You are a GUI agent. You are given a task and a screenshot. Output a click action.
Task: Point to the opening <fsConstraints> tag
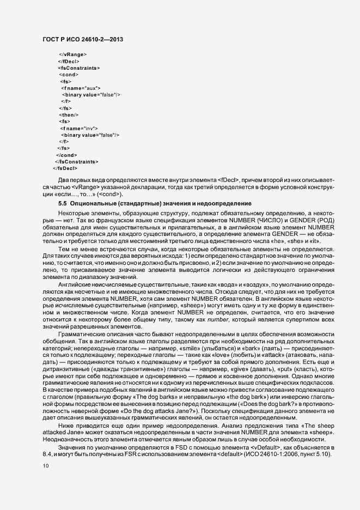[x=78, y=68]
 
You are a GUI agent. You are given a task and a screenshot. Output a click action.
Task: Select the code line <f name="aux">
[x=81, y=88]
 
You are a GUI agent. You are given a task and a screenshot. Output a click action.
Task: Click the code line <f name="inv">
[x=78, y=127]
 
